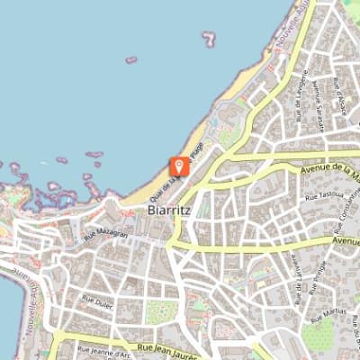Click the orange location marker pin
point(179,166)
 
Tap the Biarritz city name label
point(167,210)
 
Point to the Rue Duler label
point(96,297)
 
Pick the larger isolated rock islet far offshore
point(210,39)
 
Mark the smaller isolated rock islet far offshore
point(131,60)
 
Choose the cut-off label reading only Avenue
point(346,241)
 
